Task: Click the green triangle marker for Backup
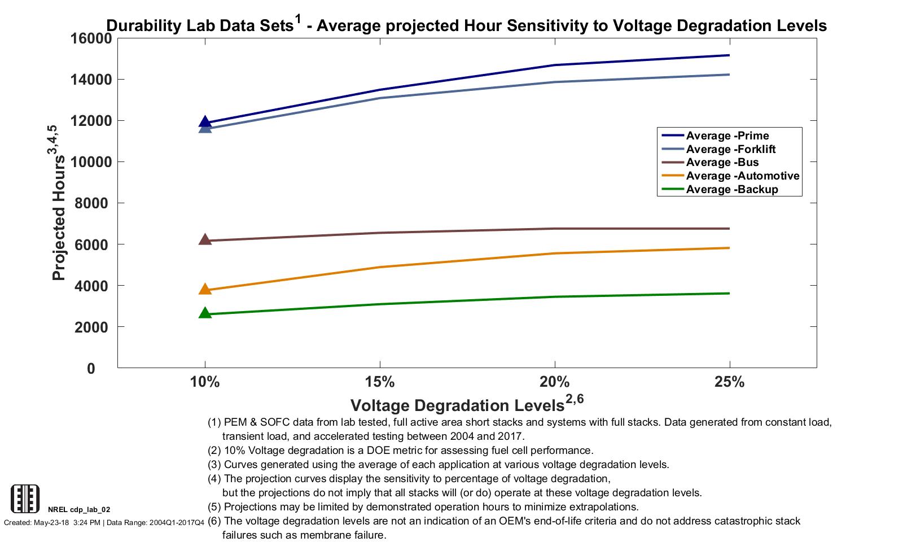(x=205, y=313)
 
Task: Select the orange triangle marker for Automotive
(x=205, y=289)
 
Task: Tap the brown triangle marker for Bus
(x=205, y=239)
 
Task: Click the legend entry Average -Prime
(x=727, y=135)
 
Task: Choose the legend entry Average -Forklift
(x=730, y=149)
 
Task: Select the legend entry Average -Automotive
(x=742, y=176)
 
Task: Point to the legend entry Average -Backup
(x=731, y=189)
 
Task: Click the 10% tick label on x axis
(x=205, y=382)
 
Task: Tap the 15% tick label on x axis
(x=380, y=382)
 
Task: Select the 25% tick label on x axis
(x=730, y=382)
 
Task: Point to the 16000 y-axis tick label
(x=91, y=38)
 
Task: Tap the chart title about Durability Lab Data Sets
(x=466, y=25)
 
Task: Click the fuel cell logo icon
(x=25, y=499)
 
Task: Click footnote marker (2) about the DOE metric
(x=215, y=451)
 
